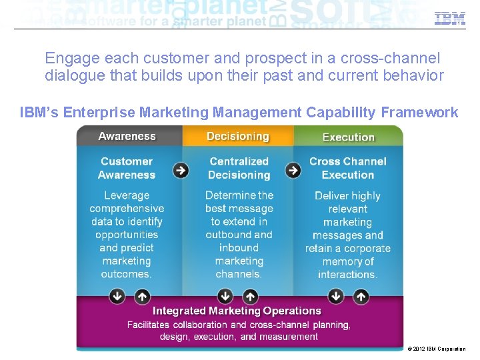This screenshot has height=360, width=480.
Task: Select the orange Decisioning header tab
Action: click(x=238, y=137)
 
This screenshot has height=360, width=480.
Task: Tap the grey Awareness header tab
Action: click(x=127, y=137)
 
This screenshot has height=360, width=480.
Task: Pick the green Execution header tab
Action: click(x=348, y=137)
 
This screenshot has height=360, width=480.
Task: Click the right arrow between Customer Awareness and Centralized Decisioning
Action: click(x=181, y=170)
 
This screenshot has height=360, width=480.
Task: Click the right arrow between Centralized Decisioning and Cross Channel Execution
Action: click(x=293, y=170)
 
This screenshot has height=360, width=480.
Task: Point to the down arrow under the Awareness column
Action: click(x=117, y=295)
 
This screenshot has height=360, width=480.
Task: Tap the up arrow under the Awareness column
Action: click(x=141, y=295)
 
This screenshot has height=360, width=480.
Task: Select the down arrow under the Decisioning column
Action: click(x=225, y=295)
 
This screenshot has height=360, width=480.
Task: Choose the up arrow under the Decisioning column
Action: click(x=250, y=295)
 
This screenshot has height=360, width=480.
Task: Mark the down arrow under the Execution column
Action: click(x=336, y=295)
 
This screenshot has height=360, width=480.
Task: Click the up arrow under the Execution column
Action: click(x=361, y=295)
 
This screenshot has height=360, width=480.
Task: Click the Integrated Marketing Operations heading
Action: click(x=237, y=311)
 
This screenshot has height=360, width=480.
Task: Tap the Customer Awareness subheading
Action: click(x=127, y=168)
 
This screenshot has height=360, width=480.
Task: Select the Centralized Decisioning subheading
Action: click(x=239, y=168)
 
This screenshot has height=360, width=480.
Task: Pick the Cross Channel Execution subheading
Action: click(x=348, y=168)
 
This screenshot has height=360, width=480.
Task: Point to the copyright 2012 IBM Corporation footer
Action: click(x=436, y=349)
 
